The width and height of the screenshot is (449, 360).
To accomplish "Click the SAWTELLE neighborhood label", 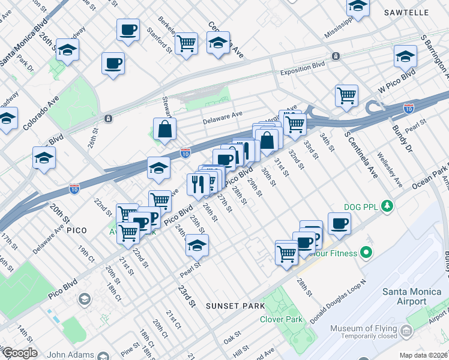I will [x=425, y=12].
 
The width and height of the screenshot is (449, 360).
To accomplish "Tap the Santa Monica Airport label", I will [x=414, y=296].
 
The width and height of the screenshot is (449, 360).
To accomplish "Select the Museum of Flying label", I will [x=363, y=329].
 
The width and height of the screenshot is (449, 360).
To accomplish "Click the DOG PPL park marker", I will [x=388, y=207].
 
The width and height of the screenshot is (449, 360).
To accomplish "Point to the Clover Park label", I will [x=281, y=319].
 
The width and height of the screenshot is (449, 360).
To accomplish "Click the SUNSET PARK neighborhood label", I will [x=235, y=306].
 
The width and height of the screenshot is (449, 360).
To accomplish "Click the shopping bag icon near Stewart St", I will [x=164, y=128].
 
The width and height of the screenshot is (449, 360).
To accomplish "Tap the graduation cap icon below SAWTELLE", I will [x=406, y=56].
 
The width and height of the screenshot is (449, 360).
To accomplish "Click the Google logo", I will [x=19, y=353].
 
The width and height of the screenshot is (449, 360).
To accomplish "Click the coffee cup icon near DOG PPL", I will [x=339, y=223].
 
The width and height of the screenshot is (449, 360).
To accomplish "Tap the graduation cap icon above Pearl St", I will [x=196, y=245].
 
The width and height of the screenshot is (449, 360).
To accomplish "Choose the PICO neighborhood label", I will [x=77, y=230].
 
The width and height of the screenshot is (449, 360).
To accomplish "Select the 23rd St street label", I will [x=187, y=297].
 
